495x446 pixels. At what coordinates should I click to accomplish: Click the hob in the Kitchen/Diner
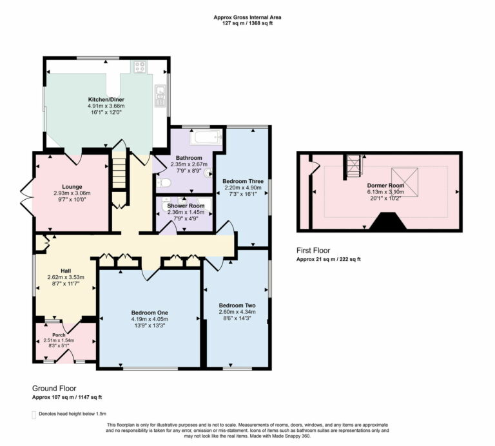[139, 66]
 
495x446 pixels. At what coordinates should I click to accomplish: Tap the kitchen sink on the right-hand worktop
[160, 96]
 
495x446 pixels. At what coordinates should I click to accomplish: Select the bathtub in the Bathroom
[206, 138]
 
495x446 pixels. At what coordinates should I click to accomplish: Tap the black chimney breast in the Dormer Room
[387, 222]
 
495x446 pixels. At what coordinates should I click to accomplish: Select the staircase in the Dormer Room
[353, 166]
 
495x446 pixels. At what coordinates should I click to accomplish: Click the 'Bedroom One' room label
[150, 312]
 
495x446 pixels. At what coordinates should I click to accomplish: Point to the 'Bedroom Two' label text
[237, 305]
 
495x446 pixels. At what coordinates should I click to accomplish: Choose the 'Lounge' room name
[72, 187]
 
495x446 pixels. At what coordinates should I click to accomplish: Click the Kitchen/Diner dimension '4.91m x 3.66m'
[106, 106]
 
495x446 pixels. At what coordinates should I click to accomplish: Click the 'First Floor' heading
[313, 250]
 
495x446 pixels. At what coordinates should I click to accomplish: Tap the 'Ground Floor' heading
[54, 389]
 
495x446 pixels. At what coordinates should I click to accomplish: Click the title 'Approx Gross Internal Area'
[247, 17]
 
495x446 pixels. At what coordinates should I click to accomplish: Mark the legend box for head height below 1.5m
[34, 414]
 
